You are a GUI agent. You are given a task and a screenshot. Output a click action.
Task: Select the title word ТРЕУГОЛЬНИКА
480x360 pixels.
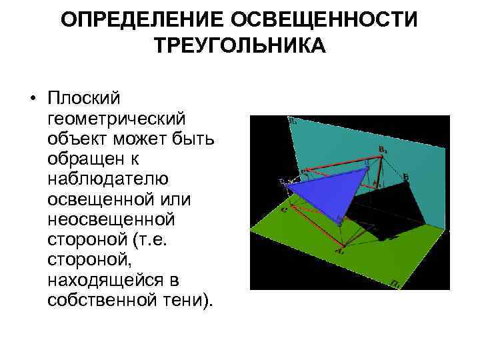click(x=240, y=46)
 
